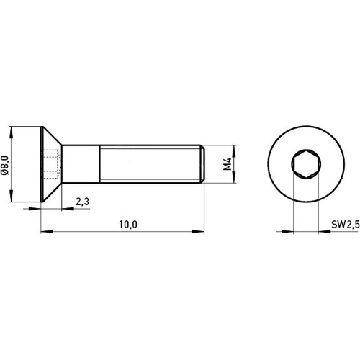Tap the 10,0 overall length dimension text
127,225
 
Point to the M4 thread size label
228,165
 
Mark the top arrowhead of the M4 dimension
235,148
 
